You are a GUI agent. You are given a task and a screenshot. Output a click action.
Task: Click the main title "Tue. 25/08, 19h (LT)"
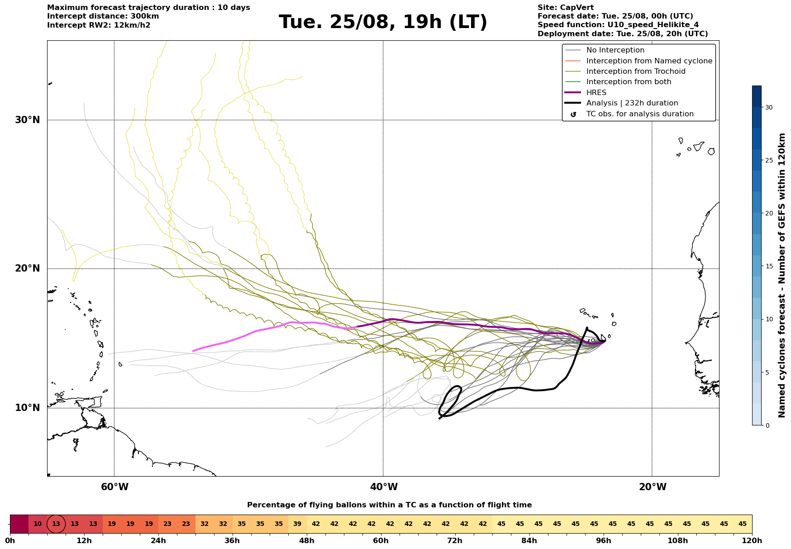point(383,22)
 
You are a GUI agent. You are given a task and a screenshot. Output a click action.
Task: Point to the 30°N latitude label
point(28,120)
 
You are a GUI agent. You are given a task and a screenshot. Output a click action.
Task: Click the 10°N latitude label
point(28,408)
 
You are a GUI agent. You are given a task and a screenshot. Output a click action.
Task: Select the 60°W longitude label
point(114,487)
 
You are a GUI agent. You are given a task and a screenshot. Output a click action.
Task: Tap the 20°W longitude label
point(653,487)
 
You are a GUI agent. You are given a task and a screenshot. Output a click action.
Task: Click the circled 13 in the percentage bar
point(56,524)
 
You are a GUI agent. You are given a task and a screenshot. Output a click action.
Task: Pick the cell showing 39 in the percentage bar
point(297,524)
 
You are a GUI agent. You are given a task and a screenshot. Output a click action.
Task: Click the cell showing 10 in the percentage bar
point(38,524)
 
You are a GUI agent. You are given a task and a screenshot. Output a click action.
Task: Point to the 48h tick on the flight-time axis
point(307,541)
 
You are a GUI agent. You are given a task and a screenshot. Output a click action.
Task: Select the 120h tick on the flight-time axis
point(752,541)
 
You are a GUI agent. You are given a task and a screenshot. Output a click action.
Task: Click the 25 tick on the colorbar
point(769,160)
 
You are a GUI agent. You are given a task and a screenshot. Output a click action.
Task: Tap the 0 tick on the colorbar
point(767,425)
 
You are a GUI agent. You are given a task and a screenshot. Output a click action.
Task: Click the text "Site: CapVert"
point(566,8)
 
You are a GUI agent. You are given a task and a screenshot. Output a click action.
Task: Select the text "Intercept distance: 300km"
point(103,16)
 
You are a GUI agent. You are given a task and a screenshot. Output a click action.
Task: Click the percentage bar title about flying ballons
point(389,505)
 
